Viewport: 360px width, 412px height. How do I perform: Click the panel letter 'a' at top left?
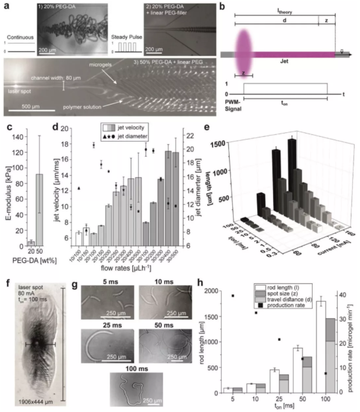click(x=5, y=5)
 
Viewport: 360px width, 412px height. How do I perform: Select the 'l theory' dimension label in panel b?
click(x=285, y=10)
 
